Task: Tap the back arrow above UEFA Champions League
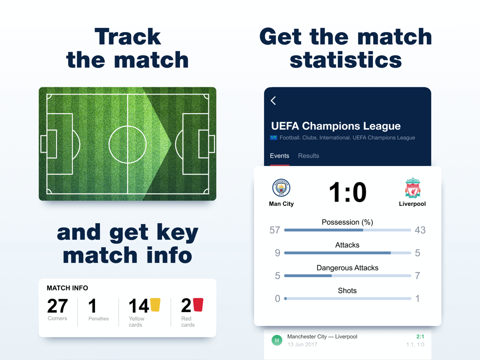tap(274, 101)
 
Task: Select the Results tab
tap(309, 156)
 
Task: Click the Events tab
tap(279, 156)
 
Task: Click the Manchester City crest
tap(281, 188)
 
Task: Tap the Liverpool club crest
tap(412, 188)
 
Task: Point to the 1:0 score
tap(348, 192)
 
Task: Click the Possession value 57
tap(275, 230)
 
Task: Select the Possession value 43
tap(420, 230)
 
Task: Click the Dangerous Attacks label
tap(348, 268)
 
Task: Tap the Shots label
tap(347, 290)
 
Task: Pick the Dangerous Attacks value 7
tap(417, 276)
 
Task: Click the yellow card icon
tap(155, 305)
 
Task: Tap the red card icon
tap(198, 305)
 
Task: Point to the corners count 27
tap(58, 306)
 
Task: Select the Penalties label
tap(98, 319)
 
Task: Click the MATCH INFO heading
tap(67, 288)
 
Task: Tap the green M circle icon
tap(277, 340)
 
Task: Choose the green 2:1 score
tap(420, 337)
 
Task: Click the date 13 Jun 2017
tap(302, 344)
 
